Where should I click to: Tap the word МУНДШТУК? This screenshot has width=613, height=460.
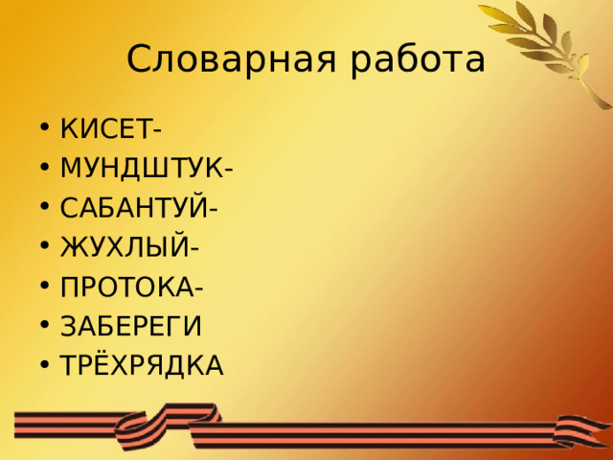141,168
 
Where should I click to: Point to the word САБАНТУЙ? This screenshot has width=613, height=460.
134,207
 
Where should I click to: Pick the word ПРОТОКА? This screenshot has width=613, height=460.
127,287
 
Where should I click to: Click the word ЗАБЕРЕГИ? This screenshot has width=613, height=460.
131,326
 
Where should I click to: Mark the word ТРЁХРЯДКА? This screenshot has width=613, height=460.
142,365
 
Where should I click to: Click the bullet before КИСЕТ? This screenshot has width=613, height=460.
45,128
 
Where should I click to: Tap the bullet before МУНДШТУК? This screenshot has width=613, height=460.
45,169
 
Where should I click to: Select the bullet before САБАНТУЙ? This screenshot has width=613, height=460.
45,208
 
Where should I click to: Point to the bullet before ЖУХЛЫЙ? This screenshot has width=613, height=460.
45,248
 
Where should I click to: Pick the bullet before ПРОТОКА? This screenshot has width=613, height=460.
45,287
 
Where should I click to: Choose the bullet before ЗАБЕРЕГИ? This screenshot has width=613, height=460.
45,327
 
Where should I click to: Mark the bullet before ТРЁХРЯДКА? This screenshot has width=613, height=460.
45,366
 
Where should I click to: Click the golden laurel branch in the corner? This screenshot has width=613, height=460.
556,48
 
